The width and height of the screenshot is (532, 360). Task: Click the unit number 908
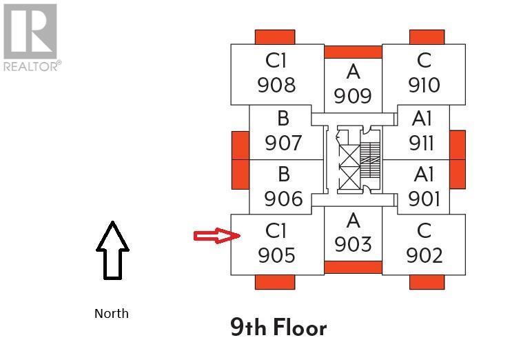point(276,85)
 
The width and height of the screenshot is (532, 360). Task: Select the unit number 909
point(353,96)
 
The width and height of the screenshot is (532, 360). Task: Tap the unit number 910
point(424,85)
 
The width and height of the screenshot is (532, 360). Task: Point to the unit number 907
point(283,143)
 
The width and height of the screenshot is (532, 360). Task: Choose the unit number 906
point(283,199)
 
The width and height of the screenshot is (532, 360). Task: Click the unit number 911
point(422,143)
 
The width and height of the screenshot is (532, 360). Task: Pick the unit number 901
point(423,199)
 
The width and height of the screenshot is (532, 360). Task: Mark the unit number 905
point(276,255)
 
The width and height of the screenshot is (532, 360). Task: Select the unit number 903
point(353,244)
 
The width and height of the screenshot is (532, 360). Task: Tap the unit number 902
point(424,255)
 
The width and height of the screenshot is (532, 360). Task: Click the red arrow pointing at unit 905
point(216,237)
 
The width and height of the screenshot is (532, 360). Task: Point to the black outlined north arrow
point(112,250)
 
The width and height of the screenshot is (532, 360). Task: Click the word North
point(112,313)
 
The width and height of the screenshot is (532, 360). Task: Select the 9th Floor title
point(278,328)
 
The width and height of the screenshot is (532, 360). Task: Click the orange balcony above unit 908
point(275,37)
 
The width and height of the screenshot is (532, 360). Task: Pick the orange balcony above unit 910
point(427,37)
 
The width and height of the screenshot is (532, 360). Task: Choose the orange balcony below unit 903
point(353,268)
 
